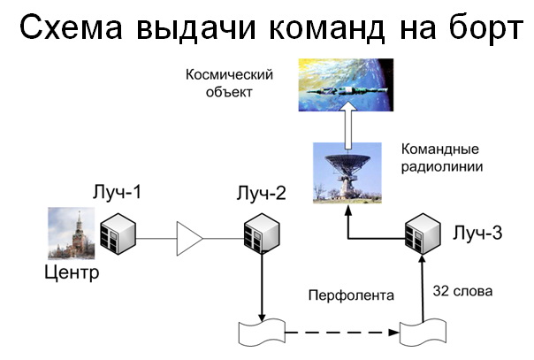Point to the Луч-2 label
(261, 192)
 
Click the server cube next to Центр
(117, 235)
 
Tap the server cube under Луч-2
(262, 235)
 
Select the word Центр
(72, 272)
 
